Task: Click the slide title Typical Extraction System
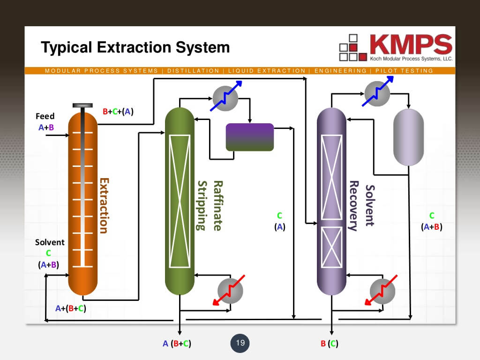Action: coord(135,47)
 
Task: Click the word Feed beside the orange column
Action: coord(45,116)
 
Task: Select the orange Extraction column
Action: coord(83,202)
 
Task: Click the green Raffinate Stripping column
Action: coord(180,202)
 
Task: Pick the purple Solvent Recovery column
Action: coord(331,202)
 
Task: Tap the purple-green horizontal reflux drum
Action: coord(249,137)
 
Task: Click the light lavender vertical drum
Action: coord(408,137)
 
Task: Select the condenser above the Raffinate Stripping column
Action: coord(225,98)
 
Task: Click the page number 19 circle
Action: coord(240,343)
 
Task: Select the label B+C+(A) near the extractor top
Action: coord(118,112)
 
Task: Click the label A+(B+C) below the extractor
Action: coord(70,308)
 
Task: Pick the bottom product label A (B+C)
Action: coord(177,344)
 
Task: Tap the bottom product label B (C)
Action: coord(329,344)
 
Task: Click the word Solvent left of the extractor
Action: coord(50,242)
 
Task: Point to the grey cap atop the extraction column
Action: coord(82,105)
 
